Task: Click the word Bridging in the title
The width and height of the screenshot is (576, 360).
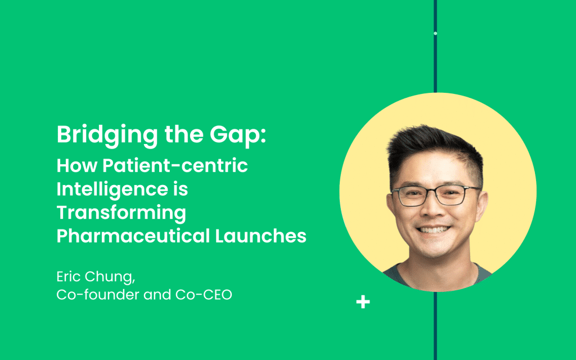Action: (107, 135)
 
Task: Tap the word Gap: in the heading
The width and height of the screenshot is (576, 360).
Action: (238, 135)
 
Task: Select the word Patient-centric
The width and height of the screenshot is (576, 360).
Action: (175, 165)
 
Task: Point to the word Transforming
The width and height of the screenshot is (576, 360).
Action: (121, 213)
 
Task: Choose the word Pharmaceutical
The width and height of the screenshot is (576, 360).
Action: (133, 236)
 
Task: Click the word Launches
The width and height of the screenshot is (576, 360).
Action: (261, 236)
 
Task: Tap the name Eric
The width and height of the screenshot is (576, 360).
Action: (68, 277)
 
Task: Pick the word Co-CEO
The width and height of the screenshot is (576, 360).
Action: (204, 295)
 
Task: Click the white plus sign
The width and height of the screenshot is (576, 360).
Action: (363, 302)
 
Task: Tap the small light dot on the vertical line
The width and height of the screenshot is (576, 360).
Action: (435, 33)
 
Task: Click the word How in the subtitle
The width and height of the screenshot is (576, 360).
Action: (76, 165)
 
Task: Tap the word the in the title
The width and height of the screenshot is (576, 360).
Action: (184, 134)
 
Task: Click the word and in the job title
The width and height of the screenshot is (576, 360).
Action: (157, 295)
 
